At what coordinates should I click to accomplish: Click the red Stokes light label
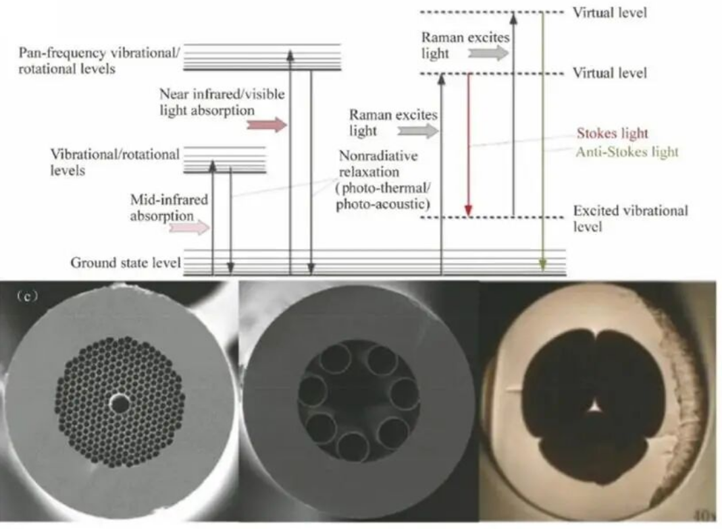tap(612, 134)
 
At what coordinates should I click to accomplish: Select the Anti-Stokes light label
tap(627, 152)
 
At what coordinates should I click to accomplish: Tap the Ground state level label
tap(125, 262)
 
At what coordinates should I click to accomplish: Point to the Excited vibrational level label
tap(630, 219)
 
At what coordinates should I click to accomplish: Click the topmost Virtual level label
tap(610, 12)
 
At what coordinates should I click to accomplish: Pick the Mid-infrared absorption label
tap(169, 207)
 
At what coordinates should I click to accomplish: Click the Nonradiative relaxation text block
tap(383, 180)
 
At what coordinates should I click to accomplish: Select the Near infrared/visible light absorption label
tap(222, 102)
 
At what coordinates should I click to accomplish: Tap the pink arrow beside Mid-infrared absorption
tap(189, 227)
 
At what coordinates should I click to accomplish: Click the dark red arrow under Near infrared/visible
tap(267, 125)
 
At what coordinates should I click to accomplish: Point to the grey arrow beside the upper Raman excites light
tap(488, 53)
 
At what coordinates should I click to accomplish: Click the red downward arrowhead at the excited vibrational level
tap(468, 210)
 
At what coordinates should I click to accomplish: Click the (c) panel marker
tap(27, 296)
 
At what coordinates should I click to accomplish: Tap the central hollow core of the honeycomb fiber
tap(121, 403)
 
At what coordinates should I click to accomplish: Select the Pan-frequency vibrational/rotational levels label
tap(99, 61)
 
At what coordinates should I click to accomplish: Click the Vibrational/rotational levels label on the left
tap(115, 162)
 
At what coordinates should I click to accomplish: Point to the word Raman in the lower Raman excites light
tap(367, 115)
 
